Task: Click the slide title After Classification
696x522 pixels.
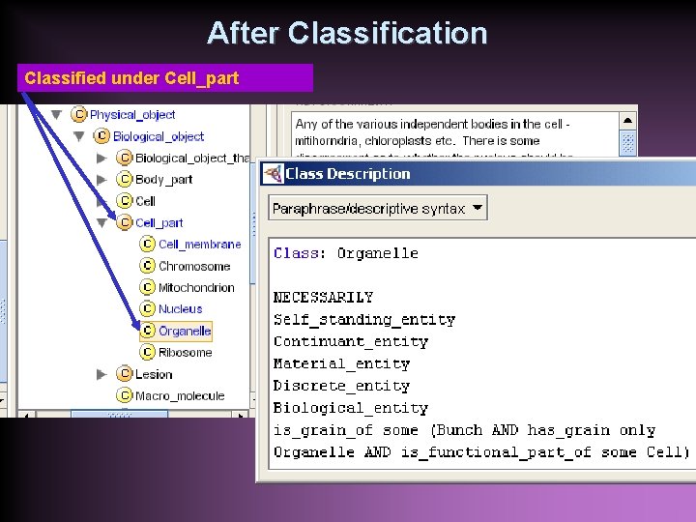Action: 347,34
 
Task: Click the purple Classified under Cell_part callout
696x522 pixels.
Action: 164,78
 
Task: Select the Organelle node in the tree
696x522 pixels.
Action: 184,331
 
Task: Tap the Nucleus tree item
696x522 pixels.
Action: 180,309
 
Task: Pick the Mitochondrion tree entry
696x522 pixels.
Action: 195,287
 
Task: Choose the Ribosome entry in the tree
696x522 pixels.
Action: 185,353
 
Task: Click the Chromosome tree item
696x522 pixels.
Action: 193,266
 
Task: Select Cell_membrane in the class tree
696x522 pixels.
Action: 199,245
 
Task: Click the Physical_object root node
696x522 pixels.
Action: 132,115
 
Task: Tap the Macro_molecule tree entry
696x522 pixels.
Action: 179,395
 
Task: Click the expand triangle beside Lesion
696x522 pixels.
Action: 101,374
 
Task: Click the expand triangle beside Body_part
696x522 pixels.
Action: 101,180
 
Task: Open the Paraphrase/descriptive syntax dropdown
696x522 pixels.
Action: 378,209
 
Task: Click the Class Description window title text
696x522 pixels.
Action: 348,174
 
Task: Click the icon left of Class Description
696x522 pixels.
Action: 274,174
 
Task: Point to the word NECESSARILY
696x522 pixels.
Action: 323,297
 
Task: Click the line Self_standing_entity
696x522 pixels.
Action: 363,319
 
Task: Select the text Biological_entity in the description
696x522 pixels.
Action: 350,408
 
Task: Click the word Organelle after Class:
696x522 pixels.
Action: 377,253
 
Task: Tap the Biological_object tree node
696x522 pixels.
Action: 159,137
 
